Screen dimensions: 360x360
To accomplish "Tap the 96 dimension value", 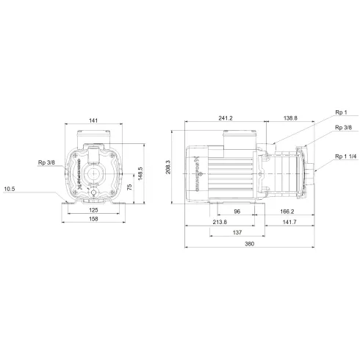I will click(x=236, y=211).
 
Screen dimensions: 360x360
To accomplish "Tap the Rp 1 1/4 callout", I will click(x=345, y=156).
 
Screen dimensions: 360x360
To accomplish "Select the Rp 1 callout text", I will click(x=341, y=113).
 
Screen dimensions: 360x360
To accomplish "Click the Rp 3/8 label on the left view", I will click(x=47, y=162).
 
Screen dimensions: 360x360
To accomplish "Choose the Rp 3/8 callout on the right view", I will click(x=342, y=128).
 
